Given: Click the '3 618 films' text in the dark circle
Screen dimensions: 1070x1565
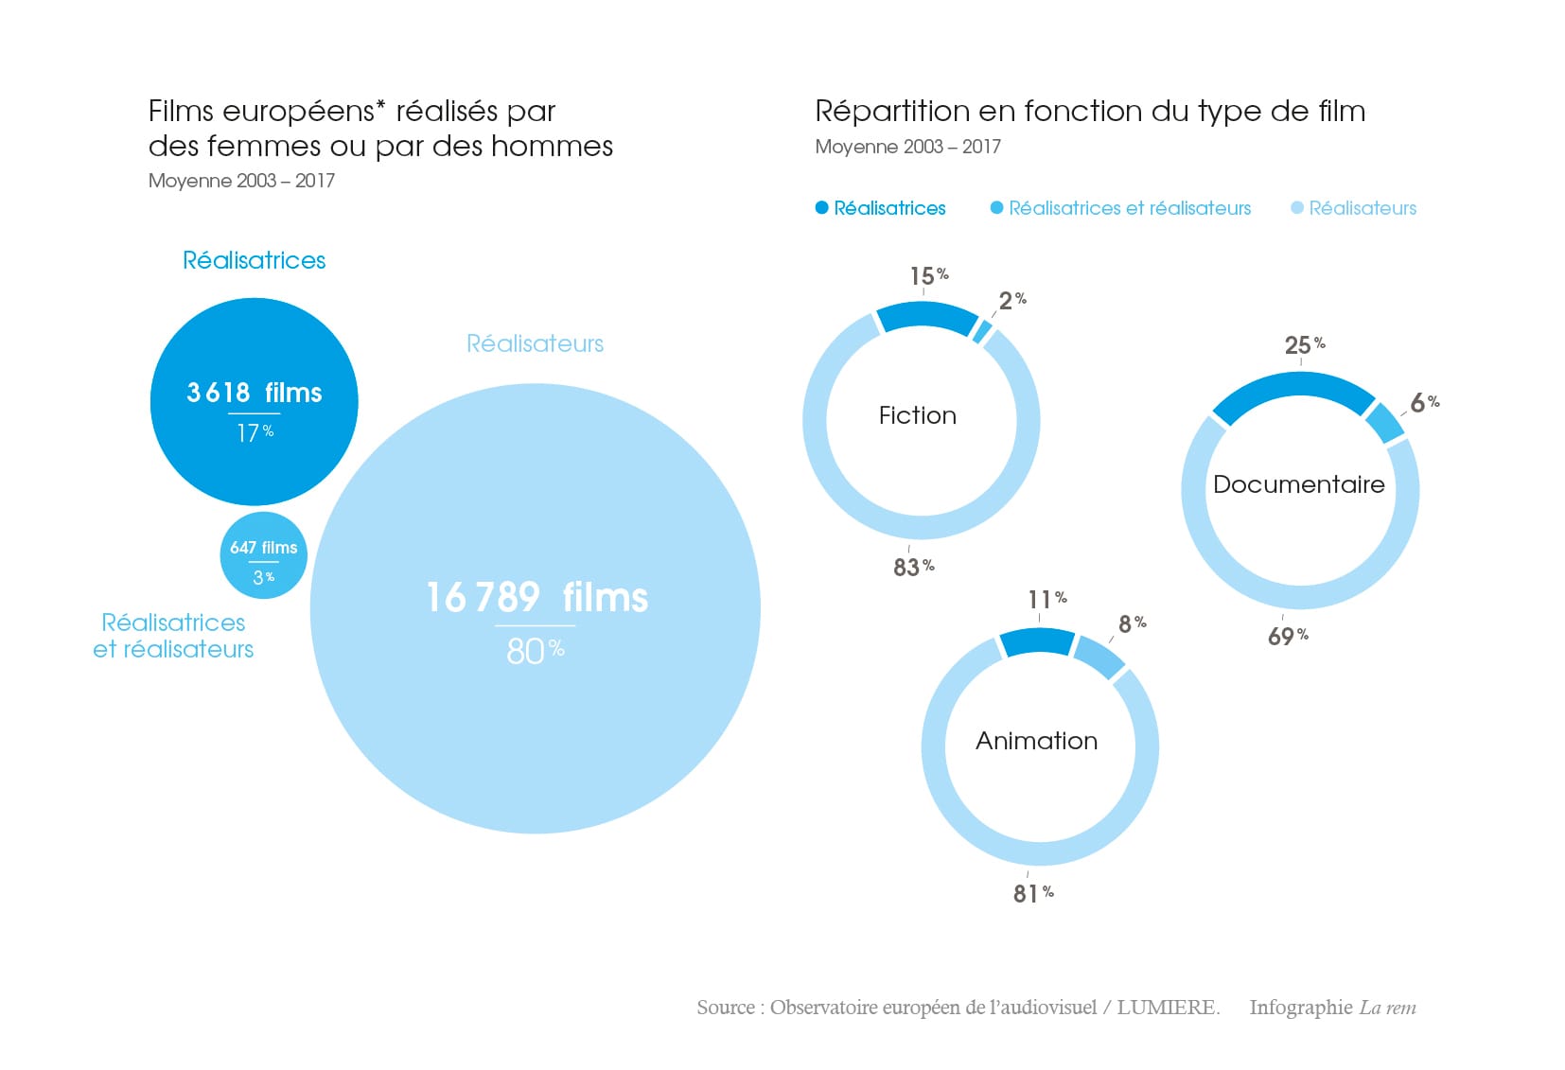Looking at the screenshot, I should click(254, 393).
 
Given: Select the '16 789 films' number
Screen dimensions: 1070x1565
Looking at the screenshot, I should click(536, 598).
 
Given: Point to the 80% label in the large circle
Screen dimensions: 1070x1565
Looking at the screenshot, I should click(535, 651).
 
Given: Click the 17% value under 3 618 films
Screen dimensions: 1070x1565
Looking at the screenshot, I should click(255, 433).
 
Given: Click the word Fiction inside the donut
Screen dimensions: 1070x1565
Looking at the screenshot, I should click(917, 415).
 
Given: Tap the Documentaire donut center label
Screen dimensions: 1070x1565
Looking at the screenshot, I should click(1298, 484).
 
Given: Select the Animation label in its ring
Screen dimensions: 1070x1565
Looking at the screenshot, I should click(1036, 741).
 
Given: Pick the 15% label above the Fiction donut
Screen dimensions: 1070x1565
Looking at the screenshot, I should click(928, 276).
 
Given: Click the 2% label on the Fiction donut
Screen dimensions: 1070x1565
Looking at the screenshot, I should click(1011, 301).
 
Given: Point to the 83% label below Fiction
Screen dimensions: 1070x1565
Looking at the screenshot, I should click(913, 567).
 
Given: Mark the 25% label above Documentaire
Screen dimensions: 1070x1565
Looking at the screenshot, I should click(1304, 345).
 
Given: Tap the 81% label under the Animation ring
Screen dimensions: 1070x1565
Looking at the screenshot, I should click(1032, 893).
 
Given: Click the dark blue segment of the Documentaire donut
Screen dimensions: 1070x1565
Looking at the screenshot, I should click(1292, 388).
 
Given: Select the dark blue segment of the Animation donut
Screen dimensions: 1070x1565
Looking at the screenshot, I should click(1036, 642).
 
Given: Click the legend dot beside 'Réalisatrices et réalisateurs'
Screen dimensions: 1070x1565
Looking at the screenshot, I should click(996, 208).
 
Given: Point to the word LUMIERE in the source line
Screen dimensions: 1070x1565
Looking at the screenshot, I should click(1166, 1008).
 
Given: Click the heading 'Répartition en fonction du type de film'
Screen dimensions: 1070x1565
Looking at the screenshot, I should click(1090, 112).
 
